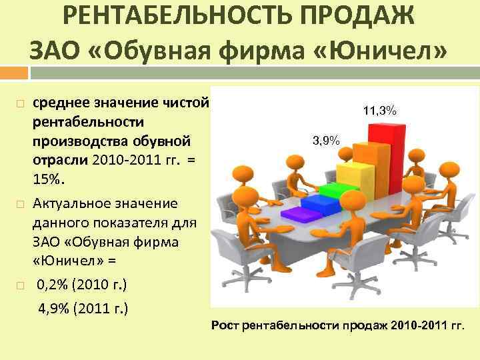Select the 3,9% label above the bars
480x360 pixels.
coord(326,140)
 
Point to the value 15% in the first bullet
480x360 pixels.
coord(47,180)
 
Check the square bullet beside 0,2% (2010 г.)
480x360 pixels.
coord(21,286)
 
